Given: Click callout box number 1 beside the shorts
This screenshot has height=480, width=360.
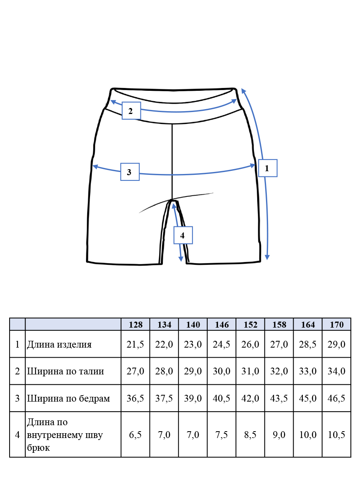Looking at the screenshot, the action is click(x=268, y=168).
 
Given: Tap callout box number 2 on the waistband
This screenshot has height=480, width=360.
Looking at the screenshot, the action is click(x=131, y=111).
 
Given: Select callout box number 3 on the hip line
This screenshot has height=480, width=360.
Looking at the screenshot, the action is click(x=130, y=172).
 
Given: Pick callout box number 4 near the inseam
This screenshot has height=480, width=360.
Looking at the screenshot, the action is click(x=183, y=235).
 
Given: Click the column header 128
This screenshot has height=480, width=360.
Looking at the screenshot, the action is click(x=136, y=324).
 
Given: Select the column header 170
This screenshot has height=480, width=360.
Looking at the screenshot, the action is click(x=337, y=324).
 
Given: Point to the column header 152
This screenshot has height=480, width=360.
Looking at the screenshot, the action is click(x=250, y=324).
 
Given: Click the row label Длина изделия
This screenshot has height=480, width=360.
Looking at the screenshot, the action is click(x=59, y=344).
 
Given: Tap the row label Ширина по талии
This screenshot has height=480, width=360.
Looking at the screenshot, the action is click(x=65, y=371).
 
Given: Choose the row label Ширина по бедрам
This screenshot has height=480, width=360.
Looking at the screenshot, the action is click(x=68, y=398).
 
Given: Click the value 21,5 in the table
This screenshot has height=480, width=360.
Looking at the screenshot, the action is click(x=135, y=344).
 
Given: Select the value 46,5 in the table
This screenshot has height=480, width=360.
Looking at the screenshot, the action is click(x=336, y=398).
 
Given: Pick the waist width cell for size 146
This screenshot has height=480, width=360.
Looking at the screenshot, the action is click(x=222, y=371).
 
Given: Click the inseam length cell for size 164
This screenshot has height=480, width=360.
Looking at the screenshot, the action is click(x=308, y=434).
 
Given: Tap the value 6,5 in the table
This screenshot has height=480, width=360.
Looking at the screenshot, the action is click(x=135, y=434).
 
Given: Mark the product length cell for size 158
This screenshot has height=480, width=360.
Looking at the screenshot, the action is click(x=279, y=344).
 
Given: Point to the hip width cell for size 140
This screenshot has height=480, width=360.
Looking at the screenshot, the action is click(x=193, y=398).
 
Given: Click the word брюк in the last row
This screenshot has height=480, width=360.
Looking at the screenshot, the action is click(x=38, y=448).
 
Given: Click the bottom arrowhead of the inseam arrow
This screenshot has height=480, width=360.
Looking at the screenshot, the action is click(x=181, y=259).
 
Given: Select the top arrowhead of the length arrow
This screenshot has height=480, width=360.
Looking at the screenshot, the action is click(x=243, y=91).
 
